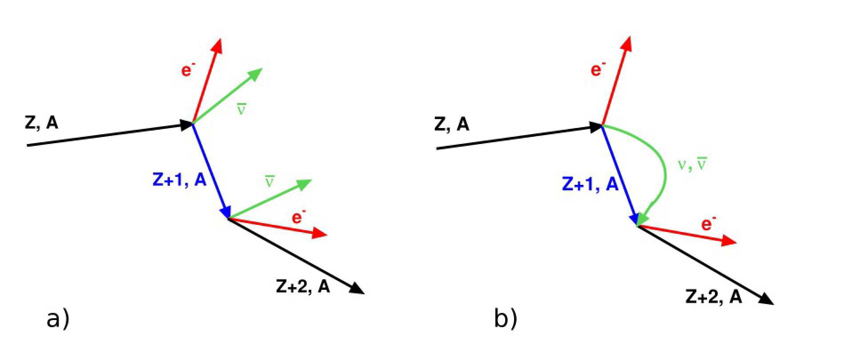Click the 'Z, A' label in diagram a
(x=41, y=123)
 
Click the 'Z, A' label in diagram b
(x=451, y=124)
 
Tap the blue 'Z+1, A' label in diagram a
(x=180, y=179)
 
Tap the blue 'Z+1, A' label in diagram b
(x=590, y=184)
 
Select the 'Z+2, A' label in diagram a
(x=303, y=287)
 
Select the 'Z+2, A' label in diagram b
(x=713, y=297)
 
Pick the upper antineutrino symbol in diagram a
(x=241, y=109)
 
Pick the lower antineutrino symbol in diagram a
(x=269, y=181)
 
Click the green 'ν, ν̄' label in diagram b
(x=692, y=164)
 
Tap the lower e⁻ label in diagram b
(x=708, y=224)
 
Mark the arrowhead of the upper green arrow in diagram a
(x=255, y=74)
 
